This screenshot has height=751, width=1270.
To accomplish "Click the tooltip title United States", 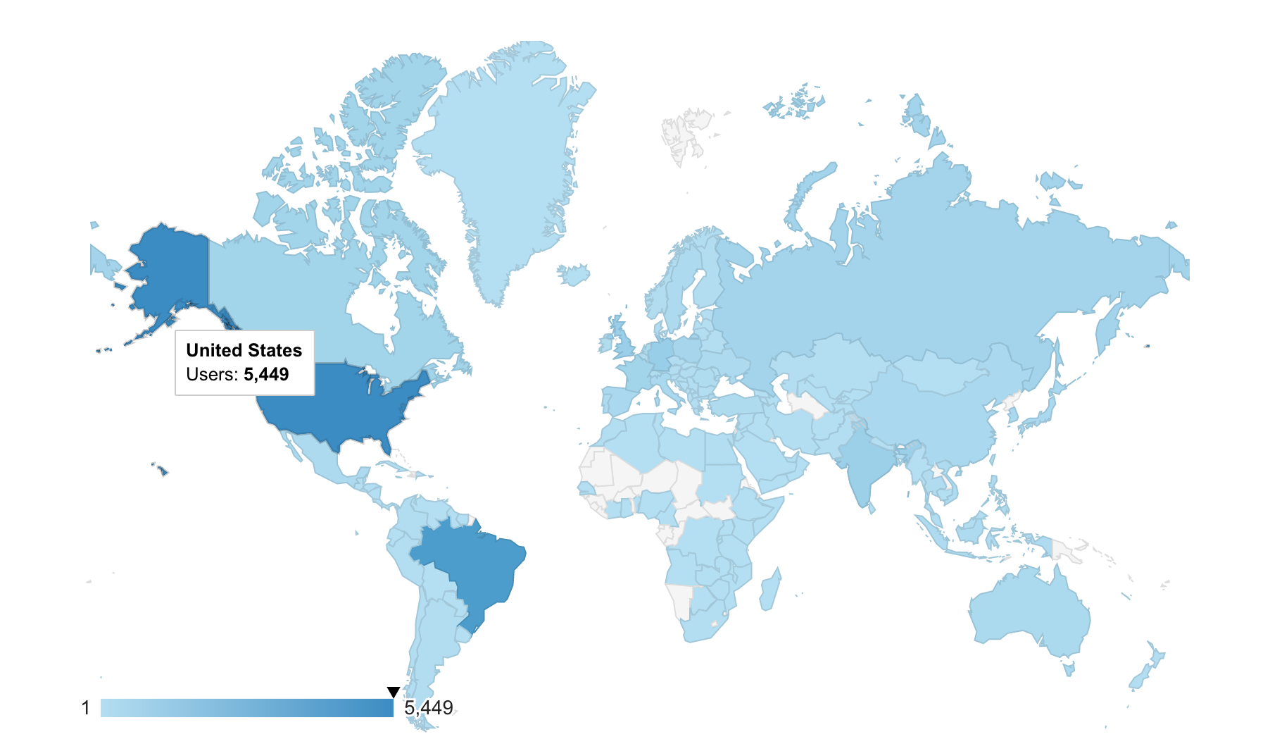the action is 244,350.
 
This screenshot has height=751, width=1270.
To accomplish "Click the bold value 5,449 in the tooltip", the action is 266,374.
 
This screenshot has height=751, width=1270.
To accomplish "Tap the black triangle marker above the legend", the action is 394,693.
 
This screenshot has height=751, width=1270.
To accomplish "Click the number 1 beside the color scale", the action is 86,708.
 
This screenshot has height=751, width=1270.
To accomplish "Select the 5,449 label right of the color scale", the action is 429,708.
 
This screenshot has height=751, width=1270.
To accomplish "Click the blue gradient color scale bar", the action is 246,708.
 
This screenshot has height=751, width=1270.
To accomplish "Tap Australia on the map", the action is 1028,613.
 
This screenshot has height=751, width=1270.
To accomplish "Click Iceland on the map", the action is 574,274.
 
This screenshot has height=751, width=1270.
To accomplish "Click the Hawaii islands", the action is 161,470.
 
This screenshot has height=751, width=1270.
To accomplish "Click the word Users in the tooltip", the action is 211,374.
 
